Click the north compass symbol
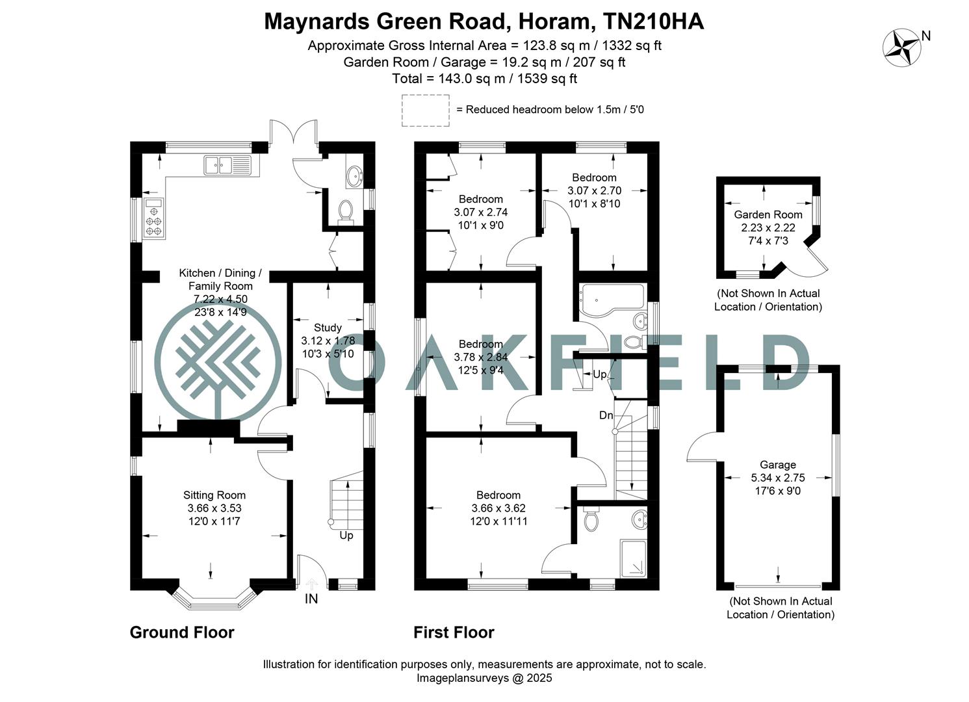click(902, 46)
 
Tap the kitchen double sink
click(227, 165)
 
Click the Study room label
click(328, 328)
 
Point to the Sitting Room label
click(214, 495)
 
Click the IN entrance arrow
click(311, 584)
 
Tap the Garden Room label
click(768, 214)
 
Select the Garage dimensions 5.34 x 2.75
click(777, 478)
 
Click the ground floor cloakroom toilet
click(345, 211)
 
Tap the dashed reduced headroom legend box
click(425, 110)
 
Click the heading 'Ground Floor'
click(182, 632)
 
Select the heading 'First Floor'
click(454, 632)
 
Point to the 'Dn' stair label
click(606, 415)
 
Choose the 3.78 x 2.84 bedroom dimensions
click(480, 357)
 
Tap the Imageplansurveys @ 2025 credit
click(484, 678)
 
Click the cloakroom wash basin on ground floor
click(355, 175)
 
